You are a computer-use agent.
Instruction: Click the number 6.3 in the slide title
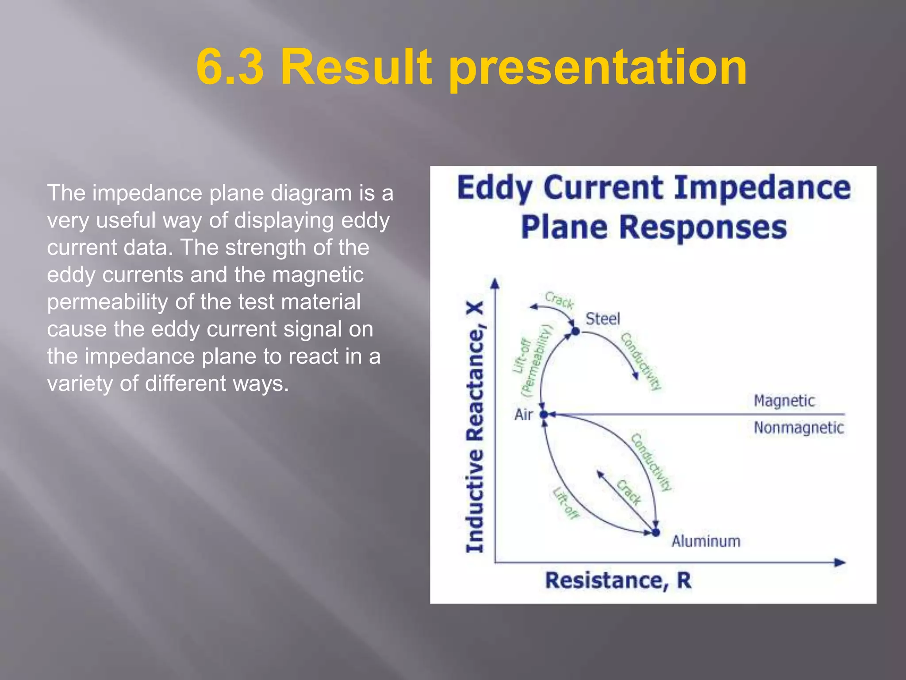point(230,67)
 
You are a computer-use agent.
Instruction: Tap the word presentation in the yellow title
point(598,69)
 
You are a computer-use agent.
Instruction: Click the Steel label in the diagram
point(603,319)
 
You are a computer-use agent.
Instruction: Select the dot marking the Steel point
point(575,331)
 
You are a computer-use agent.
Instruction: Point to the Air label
point(523,415)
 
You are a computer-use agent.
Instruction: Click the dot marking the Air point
point(544,414)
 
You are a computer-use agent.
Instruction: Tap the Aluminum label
point(706,541)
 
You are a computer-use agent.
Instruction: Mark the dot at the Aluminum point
point(656,532)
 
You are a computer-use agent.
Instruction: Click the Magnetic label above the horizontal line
point(784,401)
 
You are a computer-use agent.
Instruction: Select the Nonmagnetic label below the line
point(799,428)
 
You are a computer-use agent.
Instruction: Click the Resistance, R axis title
point(618,580)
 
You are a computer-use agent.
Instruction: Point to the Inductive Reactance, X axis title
point(475,427)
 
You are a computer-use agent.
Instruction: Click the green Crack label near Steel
point(559,300)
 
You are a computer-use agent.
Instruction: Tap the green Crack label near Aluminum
point(629,492)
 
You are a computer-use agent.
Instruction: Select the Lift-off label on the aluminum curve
point(565,503)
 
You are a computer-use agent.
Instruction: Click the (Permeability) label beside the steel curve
point(537,360)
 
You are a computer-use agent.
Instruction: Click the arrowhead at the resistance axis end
point(840,563)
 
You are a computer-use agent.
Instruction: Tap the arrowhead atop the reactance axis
point(495,283)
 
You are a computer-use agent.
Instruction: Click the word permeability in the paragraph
point(108,302)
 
